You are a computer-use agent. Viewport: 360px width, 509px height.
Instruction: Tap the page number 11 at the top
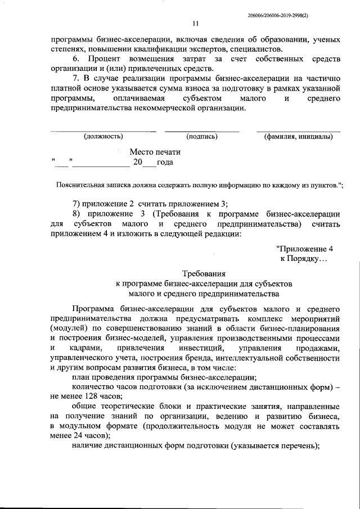tap(195, 24)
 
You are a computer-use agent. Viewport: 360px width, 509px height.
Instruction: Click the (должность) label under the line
tap(103, 136)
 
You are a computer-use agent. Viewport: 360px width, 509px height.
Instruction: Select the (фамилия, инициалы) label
tap(298, 136)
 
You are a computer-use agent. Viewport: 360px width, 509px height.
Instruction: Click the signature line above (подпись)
tap(201, 131)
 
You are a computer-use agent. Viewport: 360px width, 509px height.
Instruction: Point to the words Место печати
tap(155, 152)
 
